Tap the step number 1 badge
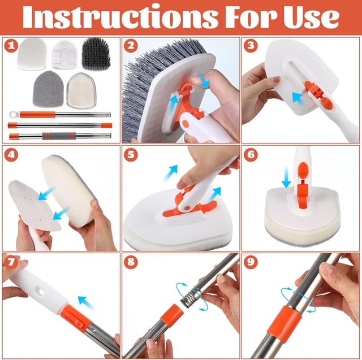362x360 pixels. coord(11,46)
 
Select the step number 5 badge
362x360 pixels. coord(131,154)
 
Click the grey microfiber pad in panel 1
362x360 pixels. coord(48,89)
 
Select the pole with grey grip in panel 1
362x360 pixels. coord(59,136)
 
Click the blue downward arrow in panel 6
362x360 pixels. coord(286,177)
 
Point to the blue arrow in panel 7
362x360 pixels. coord(86,302)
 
